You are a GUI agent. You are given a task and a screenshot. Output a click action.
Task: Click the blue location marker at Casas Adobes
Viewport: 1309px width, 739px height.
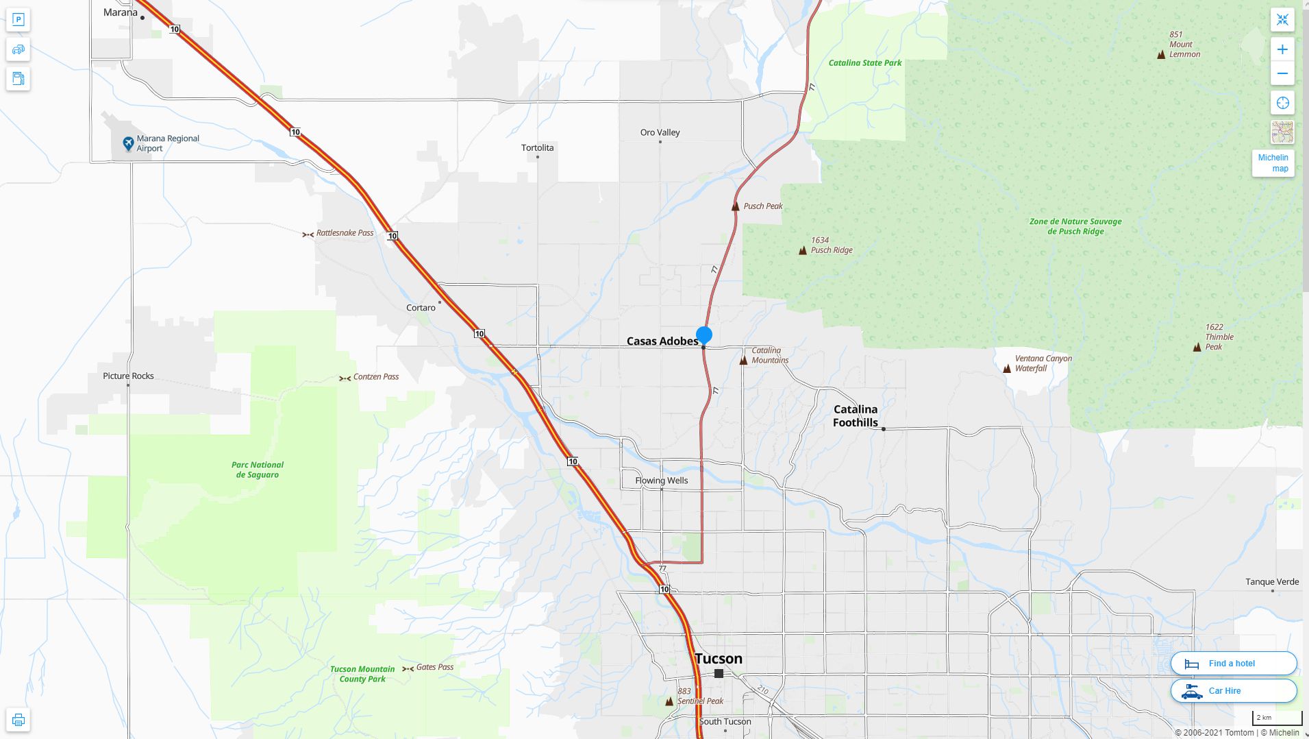703,335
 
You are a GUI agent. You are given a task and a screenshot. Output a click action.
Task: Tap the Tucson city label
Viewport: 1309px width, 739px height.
718,659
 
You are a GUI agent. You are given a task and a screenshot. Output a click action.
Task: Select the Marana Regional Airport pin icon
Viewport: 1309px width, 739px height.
128,143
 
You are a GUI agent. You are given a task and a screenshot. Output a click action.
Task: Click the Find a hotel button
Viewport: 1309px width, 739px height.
1233,664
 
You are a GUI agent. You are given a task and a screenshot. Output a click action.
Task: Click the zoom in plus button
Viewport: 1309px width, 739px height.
1282,49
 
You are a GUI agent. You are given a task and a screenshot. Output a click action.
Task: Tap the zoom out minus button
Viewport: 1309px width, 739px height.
1282,74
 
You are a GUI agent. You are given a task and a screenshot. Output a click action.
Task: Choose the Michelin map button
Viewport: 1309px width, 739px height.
1273,163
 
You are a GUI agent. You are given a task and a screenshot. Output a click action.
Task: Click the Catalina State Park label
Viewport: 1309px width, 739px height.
864,63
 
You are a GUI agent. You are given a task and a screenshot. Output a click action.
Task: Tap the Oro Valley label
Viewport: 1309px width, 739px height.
660,132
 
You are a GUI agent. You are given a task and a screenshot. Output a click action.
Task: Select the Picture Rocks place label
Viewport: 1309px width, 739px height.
128,376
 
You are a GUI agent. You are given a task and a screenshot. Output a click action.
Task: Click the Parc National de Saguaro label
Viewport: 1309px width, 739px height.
258,470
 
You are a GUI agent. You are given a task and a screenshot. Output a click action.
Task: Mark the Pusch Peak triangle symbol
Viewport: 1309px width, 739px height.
736,206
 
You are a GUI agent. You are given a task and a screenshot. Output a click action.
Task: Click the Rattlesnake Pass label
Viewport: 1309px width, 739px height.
345,233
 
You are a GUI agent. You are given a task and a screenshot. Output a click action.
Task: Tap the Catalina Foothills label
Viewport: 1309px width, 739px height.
855,415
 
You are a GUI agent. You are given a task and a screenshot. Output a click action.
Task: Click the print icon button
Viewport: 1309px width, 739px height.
18,720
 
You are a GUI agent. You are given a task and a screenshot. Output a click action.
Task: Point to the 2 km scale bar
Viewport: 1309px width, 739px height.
1277,718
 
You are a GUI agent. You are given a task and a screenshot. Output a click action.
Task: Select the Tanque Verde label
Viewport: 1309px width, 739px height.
1271,582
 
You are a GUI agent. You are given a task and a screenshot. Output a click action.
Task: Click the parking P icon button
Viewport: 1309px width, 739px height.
18,19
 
